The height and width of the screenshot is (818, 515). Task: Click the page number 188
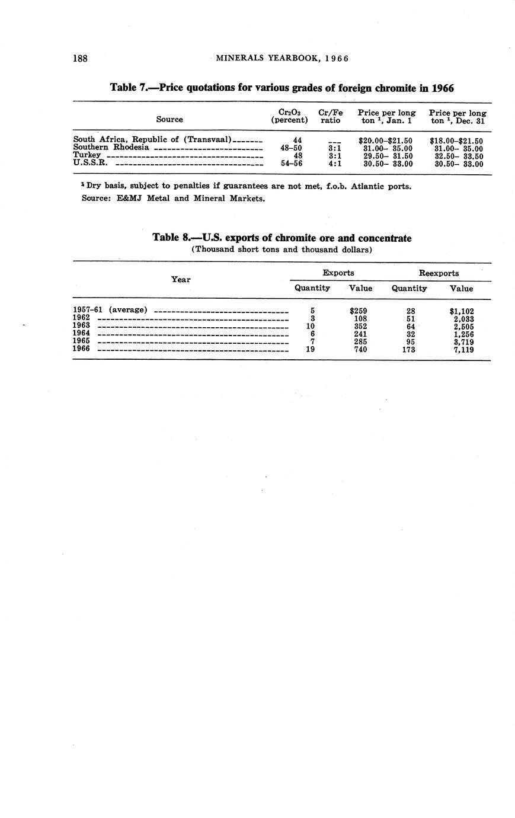80,58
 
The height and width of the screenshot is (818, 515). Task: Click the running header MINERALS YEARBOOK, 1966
282,58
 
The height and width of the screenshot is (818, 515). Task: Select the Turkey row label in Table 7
87,156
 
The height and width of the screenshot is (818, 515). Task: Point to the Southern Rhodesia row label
111,148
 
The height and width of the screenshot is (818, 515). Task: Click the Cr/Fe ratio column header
330,116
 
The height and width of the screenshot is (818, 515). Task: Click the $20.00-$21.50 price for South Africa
385,140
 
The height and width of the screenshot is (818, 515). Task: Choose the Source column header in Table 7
169,119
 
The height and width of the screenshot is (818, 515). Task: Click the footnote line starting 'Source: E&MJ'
173,198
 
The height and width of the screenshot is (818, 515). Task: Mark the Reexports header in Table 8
439,273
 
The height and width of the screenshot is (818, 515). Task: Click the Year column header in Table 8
181,279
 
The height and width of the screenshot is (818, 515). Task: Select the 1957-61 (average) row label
110,309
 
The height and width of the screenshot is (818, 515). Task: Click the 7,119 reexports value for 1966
462,350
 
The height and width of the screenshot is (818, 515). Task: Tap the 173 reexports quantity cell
408,350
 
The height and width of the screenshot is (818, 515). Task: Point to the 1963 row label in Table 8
81,325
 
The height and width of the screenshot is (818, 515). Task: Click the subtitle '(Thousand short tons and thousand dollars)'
282,250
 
